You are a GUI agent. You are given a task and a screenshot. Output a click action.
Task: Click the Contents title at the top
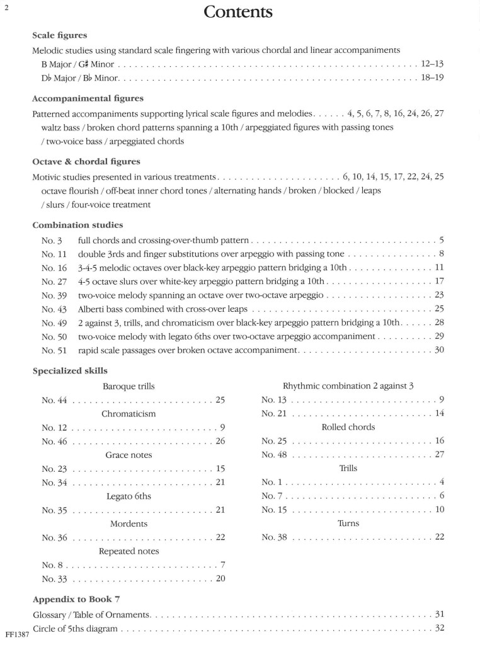[x=239, y=12]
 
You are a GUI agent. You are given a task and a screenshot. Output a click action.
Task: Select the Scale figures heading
[x=60, y=35]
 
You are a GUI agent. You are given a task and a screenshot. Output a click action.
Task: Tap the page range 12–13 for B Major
[x=432, y=64]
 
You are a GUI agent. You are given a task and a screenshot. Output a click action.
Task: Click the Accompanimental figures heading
[x=88, y=98]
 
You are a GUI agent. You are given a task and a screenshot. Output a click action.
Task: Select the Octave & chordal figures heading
[x=86, y=161]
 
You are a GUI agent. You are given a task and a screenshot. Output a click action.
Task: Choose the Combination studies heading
[x=77, y=224]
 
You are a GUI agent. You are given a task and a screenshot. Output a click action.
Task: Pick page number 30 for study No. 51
[x=439, y=350]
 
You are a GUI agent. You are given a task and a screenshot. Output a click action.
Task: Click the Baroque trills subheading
[x=129, y=386]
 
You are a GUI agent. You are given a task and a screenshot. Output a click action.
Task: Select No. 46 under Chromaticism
[x=54, y=441]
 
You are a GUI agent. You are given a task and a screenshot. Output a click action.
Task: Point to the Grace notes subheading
[x=129, y=455]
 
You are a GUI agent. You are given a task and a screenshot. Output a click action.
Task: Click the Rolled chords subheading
[x=348, y=427]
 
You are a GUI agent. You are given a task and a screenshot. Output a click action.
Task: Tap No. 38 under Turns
[x=274, y=537]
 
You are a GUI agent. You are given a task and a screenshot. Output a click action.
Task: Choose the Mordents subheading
[x=129, y=523]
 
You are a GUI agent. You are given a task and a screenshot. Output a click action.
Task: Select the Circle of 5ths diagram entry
[x=76, y=628]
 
